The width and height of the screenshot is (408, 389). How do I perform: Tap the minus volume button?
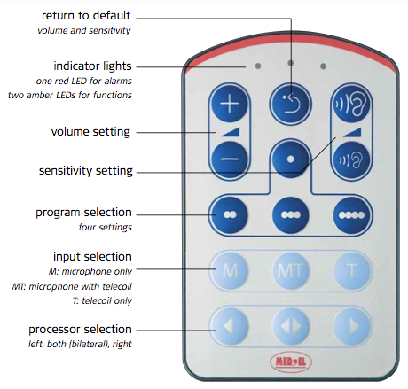pyautogui.click(x=230, y=159)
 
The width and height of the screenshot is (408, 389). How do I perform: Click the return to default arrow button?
pyautogui.click(x=290, y=105)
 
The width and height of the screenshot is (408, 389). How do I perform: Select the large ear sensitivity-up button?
pyautogui.click(x=351, y=105)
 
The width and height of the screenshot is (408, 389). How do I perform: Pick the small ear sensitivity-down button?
pyautogui.click(x=351, y=159)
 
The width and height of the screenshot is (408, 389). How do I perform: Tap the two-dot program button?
pyautogui.click(x=230, y=215)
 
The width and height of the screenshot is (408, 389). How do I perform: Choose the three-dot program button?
pyautogui.click(x=290, y=215)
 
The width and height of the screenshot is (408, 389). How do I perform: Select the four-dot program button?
pyautogui.click(x=351, y=215)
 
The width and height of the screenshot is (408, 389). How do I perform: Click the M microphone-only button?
pyautogui.click(x=230, y=270)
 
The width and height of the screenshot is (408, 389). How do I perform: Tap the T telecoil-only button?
pyautogui.click(x=351, y=270)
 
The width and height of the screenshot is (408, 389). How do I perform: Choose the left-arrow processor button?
pyautogui.click(x=230, y=326)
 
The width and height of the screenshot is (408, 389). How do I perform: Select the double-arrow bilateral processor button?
pyautogui.click(x=290, y=326)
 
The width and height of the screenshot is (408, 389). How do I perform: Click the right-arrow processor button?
pyautogui.click(x=351, y=326)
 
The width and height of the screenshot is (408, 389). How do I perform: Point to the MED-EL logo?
pyautogui.click(x=291, y=362)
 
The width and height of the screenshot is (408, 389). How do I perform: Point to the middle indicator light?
pyautogui.click(x=291, y=63)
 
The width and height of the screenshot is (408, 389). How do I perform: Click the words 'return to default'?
pyautogui.click(x=86, y=16)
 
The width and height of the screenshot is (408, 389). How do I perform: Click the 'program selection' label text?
pyautogui.click(x=83, y=213)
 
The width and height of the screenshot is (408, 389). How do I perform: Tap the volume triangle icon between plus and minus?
pyautogui.click(x=230, y=132)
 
